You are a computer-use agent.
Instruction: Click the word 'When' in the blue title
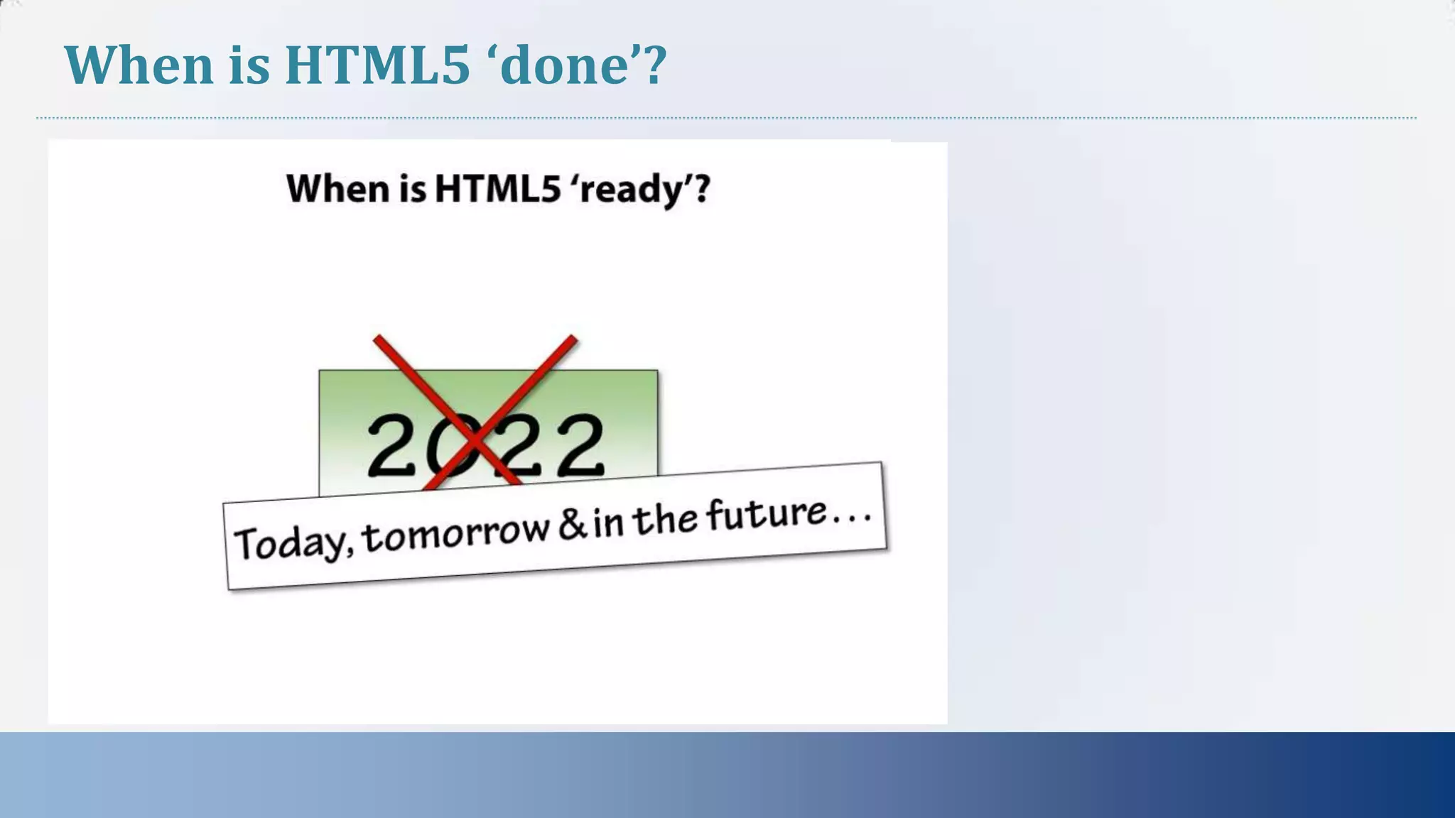tap(139, 65)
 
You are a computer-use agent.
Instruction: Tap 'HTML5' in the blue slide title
tap(377, 65)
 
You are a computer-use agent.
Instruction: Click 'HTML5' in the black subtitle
tap(497, 189)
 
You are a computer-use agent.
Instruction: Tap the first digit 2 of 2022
tap(391, 446)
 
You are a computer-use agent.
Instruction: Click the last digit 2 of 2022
tap(580, 446)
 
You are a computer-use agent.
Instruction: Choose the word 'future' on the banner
tap(767, 513)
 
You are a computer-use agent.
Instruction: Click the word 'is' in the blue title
tap(249, 65)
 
